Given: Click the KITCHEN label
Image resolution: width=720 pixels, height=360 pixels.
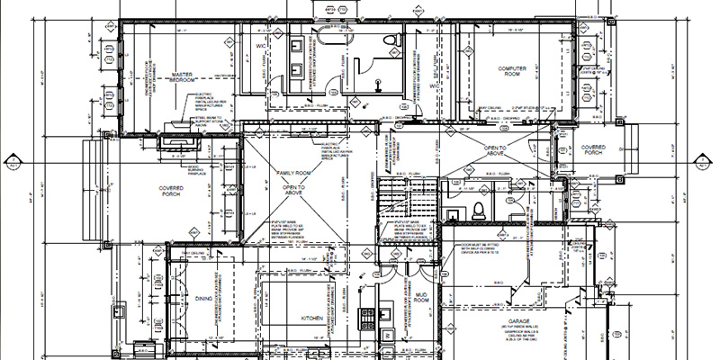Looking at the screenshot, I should pos(312,319).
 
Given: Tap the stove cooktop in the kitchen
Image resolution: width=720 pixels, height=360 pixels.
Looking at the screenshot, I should pos(367,317).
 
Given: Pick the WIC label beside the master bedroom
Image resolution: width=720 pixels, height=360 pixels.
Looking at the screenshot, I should pos(261,44).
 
